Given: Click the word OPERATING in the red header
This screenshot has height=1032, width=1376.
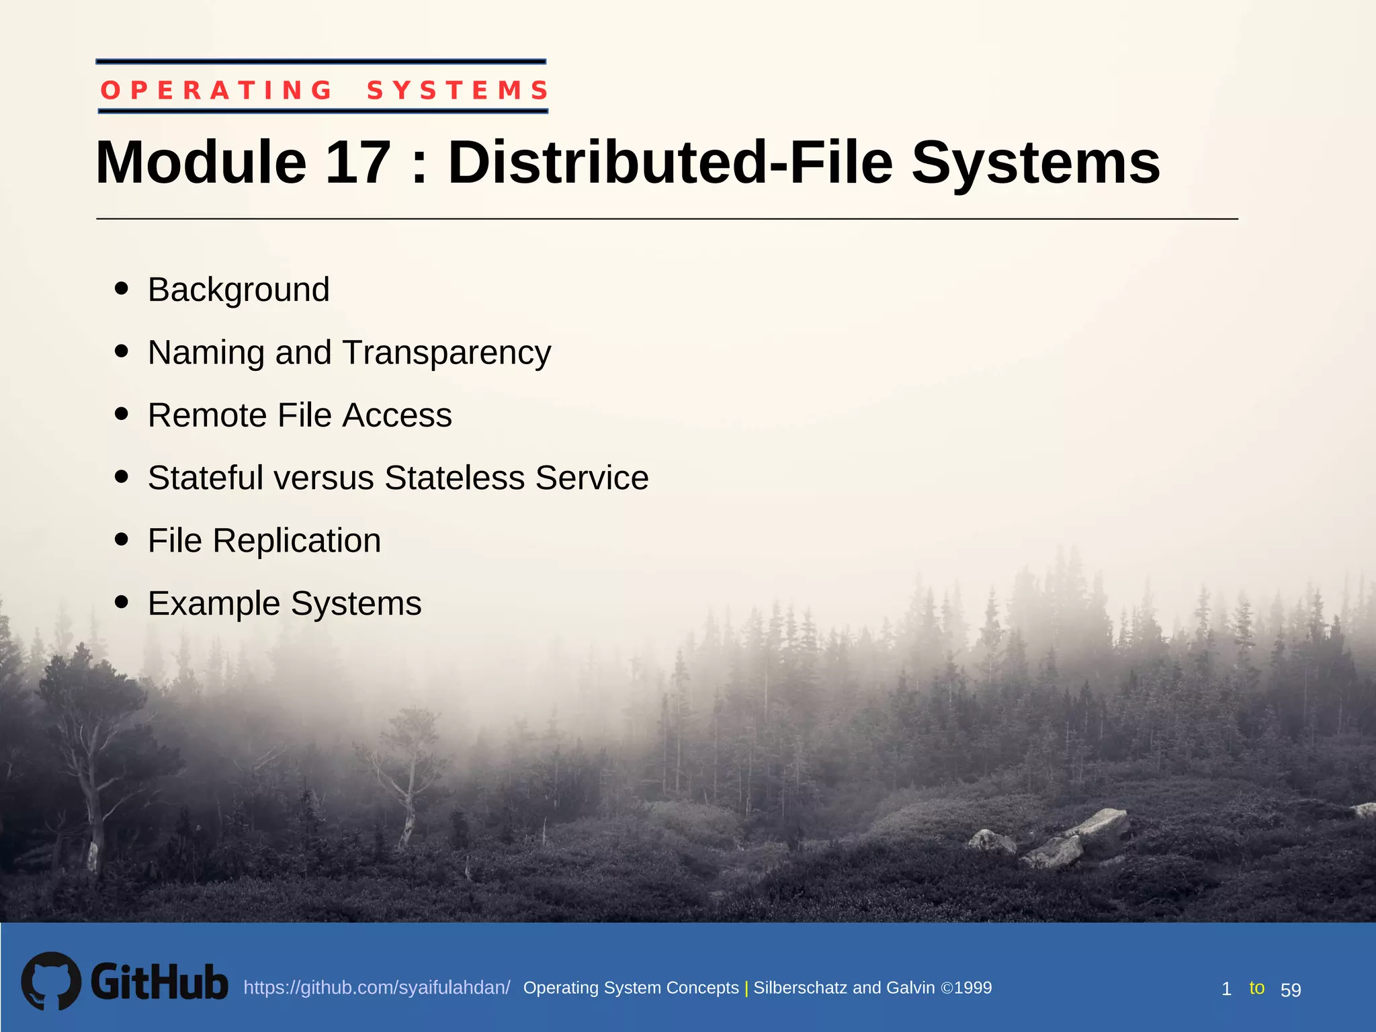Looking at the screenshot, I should [216, 90].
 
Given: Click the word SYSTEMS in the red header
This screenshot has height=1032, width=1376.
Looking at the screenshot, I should [458, 90].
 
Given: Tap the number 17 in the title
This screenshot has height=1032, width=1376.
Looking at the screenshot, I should [357, 163].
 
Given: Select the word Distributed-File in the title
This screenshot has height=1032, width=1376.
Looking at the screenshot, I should [670, 163].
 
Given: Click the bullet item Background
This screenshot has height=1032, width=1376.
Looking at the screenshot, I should [239, 290].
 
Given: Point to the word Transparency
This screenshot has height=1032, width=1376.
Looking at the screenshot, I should [446, 353].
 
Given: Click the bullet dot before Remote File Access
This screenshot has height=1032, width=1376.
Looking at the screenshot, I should [122, 414].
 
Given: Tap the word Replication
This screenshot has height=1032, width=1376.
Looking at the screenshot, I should [296, 541].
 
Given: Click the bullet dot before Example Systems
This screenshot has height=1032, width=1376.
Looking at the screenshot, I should [122, 602].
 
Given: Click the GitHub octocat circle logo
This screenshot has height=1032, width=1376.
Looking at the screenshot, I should [51, 981].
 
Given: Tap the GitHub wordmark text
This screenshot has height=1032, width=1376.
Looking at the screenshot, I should [159, 982].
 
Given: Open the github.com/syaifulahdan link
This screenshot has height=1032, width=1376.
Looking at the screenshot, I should [376, 988].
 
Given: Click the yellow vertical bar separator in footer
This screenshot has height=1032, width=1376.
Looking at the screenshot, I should [746, 988].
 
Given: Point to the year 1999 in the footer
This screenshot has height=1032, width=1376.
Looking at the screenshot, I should [973, 988].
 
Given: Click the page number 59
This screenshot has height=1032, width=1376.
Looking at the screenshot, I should [1291, 990].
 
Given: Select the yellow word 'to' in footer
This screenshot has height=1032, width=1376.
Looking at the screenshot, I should [1256, 988].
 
